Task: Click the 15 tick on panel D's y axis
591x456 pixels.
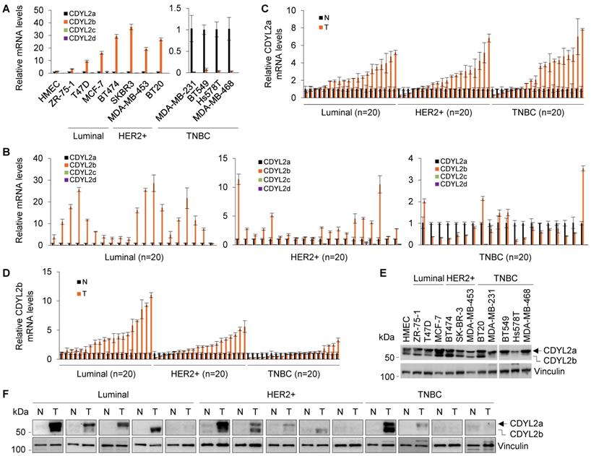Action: pos(46,272)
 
